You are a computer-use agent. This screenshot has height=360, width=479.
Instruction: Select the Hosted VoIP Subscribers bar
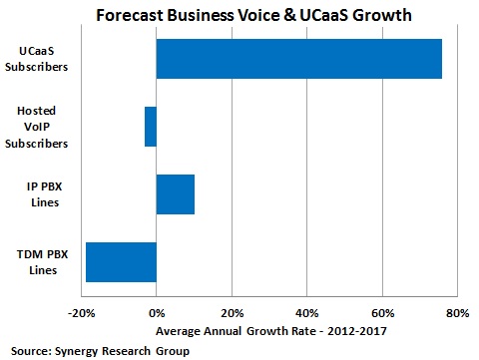[151, 127]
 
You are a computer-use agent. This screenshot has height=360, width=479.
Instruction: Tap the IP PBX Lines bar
[176, 194]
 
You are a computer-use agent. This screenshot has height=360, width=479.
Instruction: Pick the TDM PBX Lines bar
[121, 261]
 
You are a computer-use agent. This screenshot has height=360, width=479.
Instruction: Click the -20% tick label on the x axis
[81, 313]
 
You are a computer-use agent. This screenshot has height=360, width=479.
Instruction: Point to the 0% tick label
[157, 313]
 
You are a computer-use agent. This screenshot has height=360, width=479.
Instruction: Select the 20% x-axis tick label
[232, 313]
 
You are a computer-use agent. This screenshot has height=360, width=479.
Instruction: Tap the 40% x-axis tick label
[306, 313]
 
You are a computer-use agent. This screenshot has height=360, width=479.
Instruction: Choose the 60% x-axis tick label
[381, 313]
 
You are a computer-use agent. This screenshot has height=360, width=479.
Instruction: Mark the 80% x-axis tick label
[456, 313]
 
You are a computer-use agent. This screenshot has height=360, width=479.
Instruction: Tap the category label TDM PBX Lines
[40, 261]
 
